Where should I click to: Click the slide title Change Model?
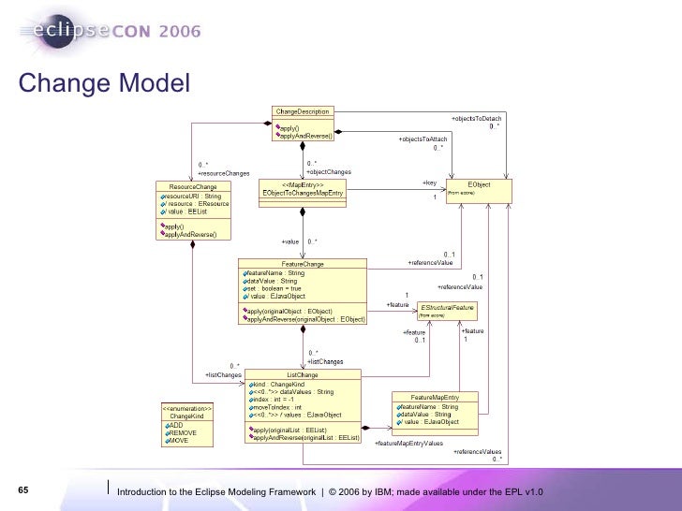[x=103, y=83]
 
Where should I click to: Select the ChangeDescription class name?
[x=302, y=111]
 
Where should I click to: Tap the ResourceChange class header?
[x=193, y=186]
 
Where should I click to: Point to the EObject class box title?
[x=478, y=184]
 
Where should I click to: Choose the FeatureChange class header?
[x=303, y=264]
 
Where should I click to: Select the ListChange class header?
[x=302, y=374]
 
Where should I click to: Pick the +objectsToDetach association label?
[x=476, y=119]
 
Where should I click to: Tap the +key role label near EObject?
[x=429, y=182]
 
